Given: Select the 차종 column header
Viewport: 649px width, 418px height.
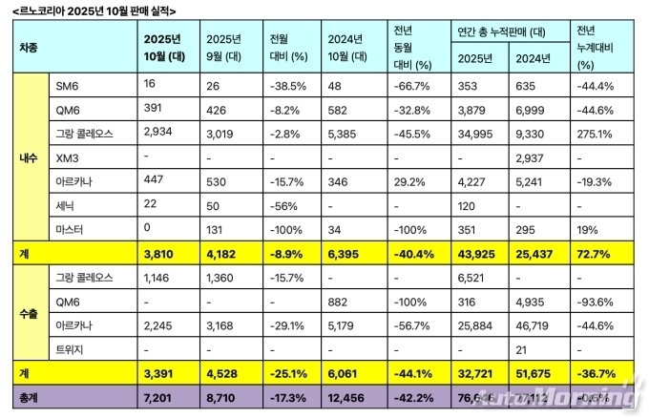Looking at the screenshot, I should [28, 47].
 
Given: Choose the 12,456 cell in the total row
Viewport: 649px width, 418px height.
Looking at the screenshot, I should [345, 396].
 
